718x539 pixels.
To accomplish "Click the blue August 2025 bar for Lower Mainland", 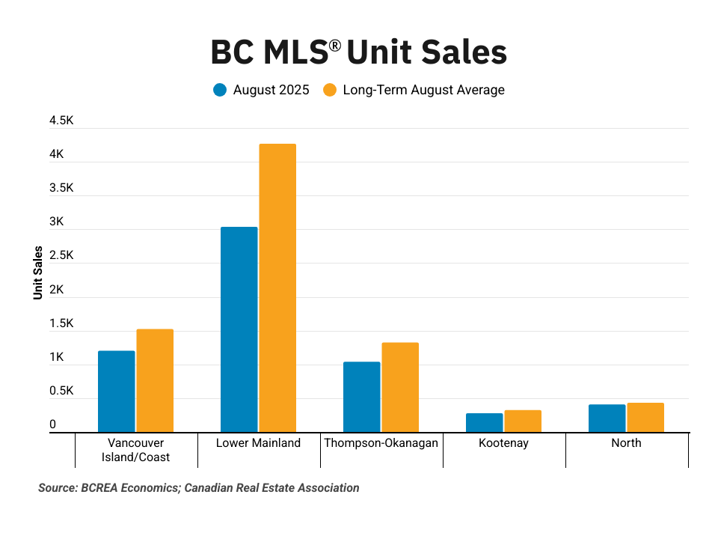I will (239, 329).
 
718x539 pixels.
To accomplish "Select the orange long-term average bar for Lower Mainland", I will (277, 288).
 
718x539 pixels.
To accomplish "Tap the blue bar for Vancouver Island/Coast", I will (117, 392).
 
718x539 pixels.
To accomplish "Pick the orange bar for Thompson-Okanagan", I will (400, 387).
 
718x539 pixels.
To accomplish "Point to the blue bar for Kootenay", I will (485, 423).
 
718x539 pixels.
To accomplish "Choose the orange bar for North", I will (645, 418).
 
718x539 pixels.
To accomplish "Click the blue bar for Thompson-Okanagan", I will (362, 397).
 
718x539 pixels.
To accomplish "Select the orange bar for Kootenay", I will (523, 421).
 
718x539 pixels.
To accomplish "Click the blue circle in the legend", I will (220, 90).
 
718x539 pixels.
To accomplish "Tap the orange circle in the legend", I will (330, 90).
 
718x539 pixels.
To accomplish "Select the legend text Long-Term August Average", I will (424, 90).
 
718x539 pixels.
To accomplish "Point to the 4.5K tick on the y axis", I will (61, 121).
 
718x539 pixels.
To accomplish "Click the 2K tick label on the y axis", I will (56, 290).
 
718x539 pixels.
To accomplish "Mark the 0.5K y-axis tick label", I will (61, 392).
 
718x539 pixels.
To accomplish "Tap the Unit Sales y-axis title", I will (37, 272).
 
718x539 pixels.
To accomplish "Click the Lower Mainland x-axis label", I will (258, 442).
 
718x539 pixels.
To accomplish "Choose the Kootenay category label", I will (503, 442).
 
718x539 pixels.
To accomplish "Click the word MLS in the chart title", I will (289, 53).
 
